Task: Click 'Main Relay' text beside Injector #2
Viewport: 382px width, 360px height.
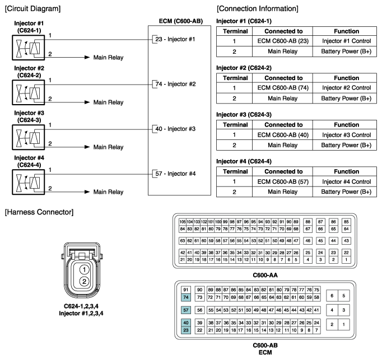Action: tap(108, 102)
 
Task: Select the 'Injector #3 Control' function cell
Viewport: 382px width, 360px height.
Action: tap(346, 135)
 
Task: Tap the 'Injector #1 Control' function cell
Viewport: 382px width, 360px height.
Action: tap(346, 41)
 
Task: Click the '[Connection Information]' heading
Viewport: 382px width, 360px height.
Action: tap(257, 8)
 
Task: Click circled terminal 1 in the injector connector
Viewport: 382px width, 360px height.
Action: tap(83, 269)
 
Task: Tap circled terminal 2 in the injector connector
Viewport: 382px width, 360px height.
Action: tap(83, 282)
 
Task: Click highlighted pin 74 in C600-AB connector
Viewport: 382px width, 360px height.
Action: tap(186, 297)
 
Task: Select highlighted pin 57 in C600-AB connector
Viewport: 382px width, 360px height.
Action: tap(186, 310)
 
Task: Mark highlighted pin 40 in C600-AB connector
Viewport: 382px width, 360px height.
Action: tap(186, 322)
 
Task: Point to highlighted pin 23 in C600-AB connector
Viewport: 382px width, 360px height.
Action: tap(186, 330)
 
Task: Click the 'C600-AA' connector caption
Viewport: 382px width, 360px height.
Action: tap(266, 274)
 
